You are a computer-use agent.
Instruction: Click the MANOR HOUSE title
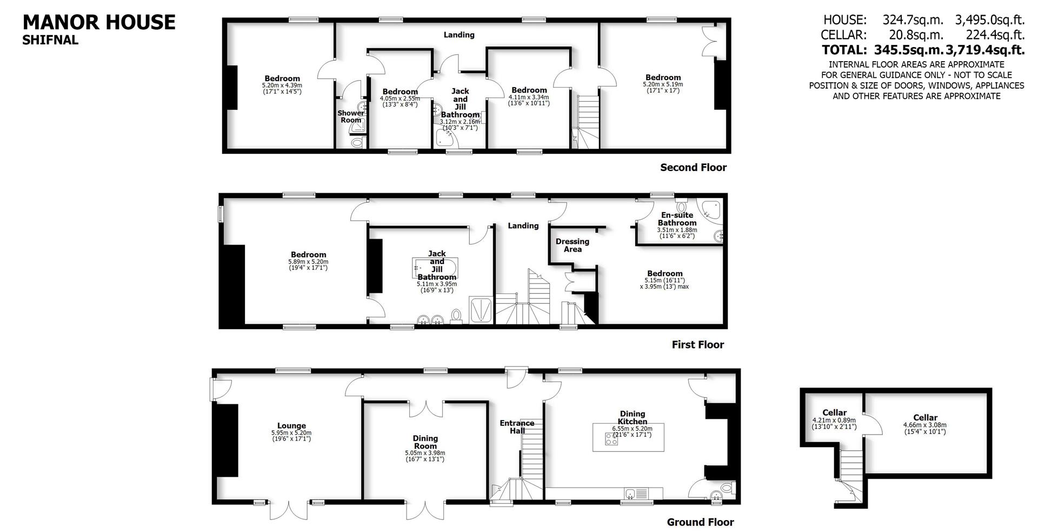[x=99, y=23]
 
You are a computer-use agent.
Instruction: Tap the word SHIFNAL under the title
[x=50, y=40]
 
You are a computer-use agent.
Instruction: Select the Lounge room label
[x=291, y=426]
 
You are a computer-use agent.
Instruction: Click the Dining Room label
[x=425, y=442]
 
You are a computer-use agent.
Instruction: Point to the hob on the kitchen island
[x=612, y=439]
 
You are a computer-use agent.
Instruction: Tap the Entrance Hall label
[x=516, y=426]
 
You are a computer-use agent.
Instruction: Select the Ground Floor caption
[x=700, y=522]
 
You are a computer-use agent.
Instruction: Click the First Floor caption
[x=697, y=345]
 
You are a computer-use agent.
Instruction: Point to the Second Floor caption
[x=693, y=168]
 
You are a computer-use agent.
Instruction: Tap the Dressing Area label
[x=573, y=245]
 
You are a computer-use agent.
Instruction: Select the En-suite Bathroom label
[x=677, y=219]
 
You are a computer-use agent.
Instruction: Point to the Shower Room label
[x=351, y=116]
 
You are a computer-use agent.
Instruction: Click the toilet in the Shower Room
[x=357, y=143]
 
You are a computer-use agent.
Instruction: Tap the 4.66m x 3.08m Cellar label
[x=925, y=421]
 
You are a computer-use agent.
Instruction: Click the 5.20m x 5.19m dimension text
[x=663, y=84]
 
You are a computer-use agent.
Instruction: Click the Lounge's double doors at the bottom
[x=290, y=510]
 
